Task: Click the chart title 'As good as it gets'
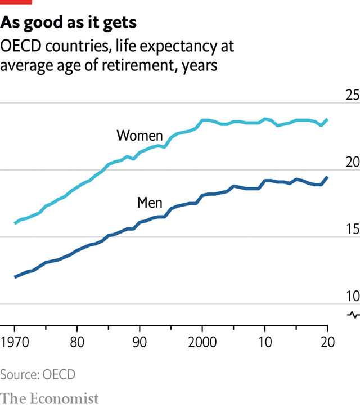[69, 22]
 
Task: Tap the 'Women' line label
[139, 136]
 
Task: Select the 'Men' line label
[150, 203]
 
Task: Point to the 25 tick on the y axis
[352, 95]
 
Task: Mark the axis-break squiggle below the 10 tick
[353, 314]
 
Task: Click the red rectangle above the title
[16, 2]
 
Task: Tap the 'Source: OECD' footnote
[38, 374]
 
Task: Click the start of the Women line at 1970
[15, 223]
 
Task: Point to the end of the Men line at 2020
[327, 177]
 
